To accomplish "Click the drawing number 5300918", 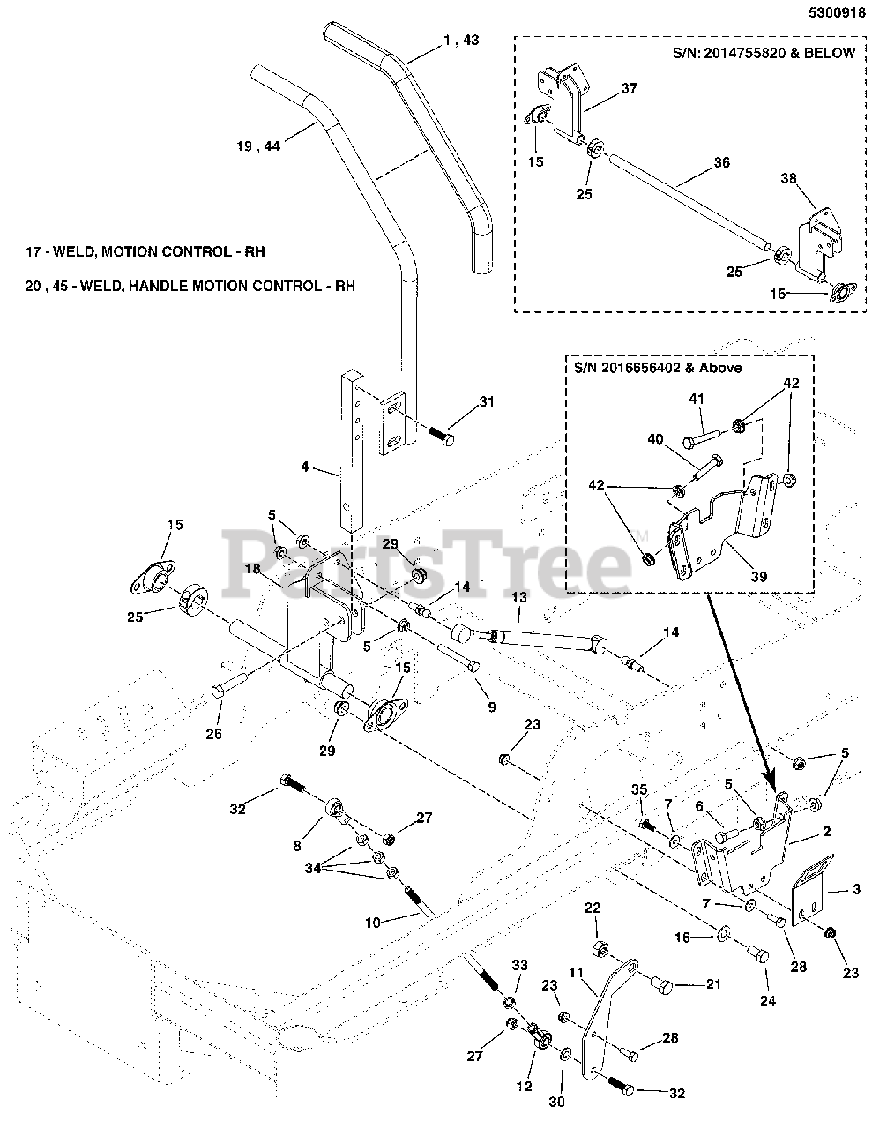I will [829, 13].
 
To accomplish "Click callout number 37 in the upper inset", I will [628, 88].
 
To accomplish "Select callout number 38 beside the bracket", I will [787, 178].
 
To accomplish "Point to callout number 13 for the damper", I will [518, 598].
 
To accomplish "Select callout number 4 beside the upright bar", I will [305, 467].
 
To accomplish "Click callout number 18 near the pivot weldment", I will [252, 570].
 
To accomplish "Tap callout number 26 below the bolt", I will [213, 733].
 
